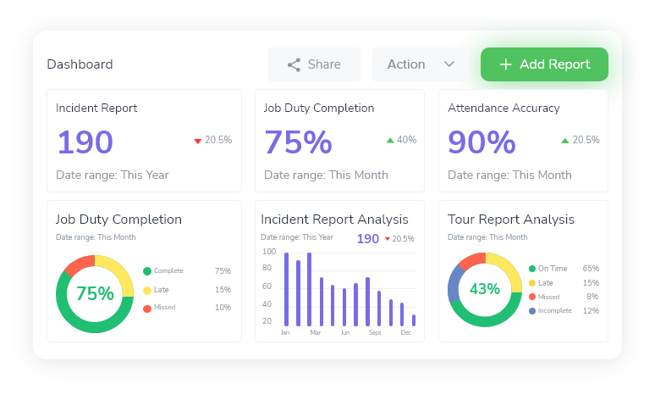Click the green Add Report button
[544, 64]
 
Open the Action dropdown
[421, 64]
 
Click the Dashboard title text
[80, 64]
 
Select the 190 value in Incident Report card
[85, 142]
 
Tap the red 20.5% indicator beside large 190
[212, 140]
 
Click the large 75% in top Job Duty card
[298, 142]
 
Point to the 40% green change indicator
[401, 140]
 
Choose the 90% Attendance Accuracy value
[482, 142]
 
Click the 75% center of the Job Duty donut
[95, 293]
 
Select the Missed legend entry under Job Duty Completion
[164, 308]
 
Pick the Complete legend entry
[168, 271]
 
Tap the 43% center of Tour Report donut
[485, 289]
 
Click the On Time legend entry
[552, 268]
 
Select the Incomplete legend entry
[554, 311]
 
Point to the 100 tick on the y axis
[269, 252]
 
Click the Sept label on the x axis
[375, 333]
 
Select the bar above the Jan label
[286, 288]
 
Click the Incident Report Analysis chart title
[334, 220]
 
